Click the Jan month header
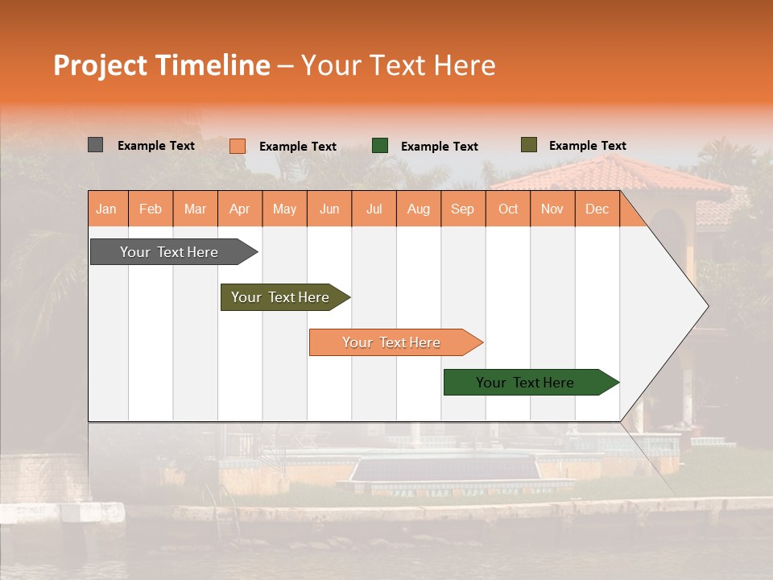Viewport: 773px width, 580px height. coord(106,209)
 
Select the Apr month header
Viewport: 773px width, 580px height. coord(239,209)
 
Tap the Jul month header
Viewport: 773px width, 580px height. coord(374,209)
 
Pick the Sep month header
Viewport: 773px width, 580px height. coord(462,209)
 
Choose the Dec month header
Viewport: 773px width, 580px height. coord(597,209)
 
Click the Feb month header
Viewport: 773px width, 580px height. coord(151,209)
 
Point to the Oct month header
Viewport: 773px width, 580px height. coord(508,209)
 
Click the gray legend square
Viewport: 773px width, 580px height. coord(95,145)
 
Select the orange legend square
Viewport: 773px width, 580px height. coord(238,146)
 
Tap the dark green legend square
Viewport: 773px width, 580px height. coord(380,146)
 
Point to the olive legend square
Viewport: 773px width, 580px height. coord(528,145)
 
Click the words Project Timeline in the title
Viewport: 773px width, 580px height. coord(161,65)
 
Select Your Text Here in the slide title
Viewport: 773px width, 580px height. coord(399,65)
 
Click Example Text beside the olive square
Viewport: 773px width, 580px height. coord(587,146)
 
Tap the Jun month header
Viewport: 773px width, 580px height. coord(329,209)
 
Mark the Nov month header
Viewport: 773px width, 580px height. coord(552,209)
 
